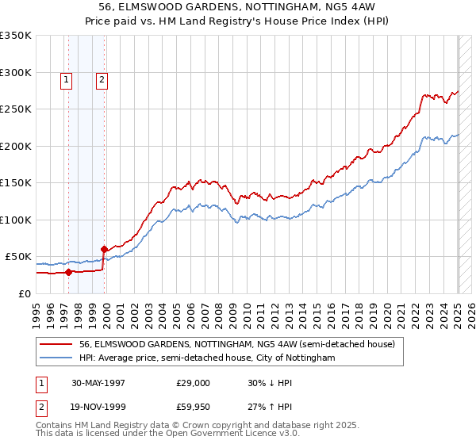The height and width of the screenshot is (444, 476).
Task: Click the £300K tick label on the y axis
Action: point(16,72)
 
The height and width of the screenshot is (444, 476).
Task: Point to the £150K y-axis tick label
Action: point(16,182)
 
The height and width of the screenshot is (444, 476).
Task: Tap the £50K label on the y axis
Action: point(18,257)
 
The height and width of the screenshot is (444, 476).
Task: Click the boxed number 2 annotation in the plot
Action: point(102,78)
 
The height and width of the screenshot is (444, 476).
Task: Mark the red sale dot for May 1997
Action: point(68,272)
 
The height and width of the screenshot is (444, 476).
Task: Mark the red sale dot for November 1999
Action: point(104,250)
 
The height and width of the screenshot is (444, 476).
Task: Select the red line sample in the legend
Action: point(57,345)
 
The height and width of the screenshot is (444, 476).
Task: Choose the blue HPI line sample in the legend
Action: point(57,358)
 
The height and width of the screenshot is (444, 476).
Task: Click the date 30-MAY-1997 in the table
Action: point(98,382)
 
